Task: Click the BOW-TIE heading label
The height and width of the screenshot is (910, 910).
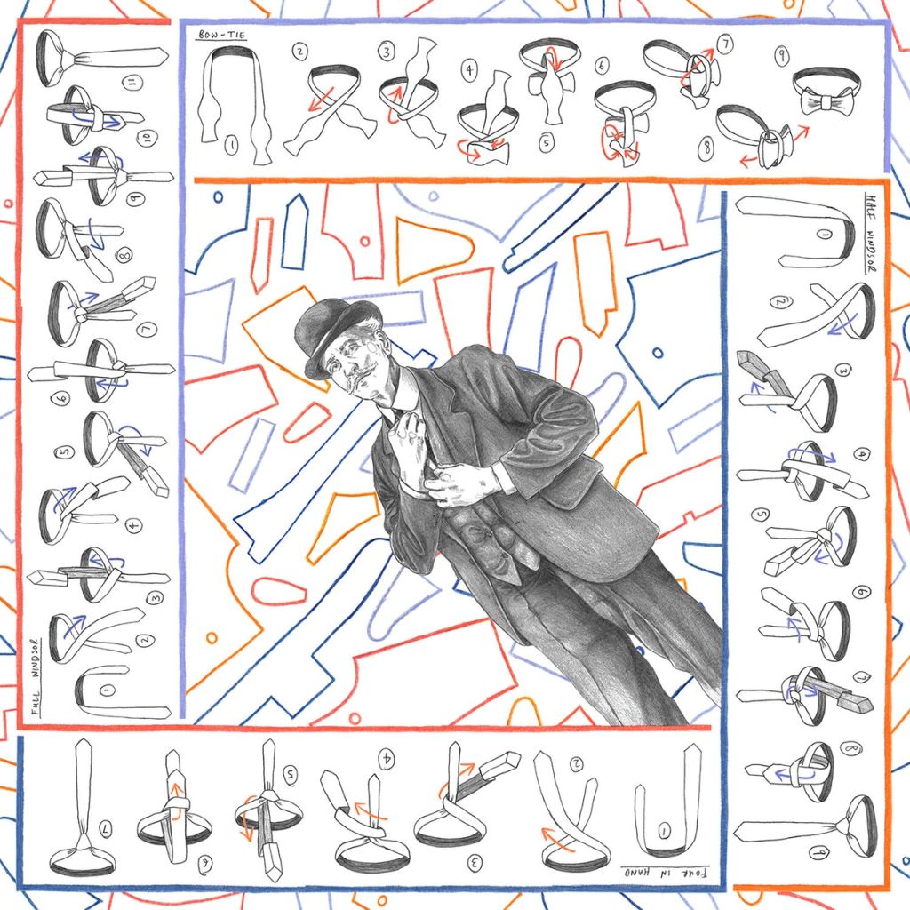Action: (x=222, y=35)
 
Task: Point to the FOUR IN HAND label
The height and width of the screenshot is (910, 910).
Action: (x=667, y=871)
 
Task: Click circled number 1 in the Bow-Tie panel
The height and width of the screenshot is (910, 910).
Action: (x=231, y=145)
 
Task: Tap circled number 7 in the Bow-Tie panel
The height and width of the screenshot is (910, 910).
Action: (x=725, y=44)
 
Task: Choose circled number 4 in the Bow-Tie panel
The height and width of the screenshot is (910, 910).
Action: (x=469, y=69)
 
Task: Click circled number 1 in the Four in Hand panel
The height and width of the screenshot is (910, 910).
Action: (x=665, y=831)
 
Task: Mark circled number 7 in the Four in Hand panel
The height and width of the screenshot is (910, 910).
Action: (x=107, y=829)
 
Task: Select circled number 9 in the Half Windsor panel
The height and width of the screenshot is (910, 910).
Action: (x=818, y=852)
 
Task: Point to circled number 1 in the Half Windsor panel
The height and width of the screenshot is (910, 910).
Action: (x=826, y=235)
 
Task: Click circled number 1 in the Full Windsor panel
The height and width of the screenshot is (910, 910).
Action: (x=107, y=690)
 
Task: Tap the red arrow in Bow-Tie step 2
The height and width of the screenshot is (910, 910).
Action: (x=321, y=99)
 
